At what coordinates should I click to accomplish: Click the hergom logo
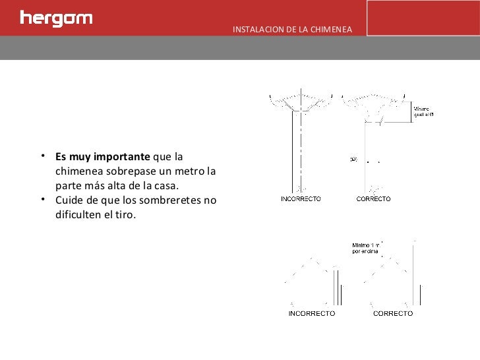click(x=56, y=18)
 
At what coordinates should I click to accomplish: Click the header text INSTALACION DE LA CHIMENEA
click(x=292, y=30)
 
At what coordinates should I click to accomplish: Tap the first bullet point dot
click(x=42, y=157)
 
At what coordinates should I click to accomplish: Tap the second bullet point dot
click(x=42, y=200)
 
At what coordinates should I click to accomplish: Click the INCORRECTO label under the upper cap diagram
click(x=301, y=198)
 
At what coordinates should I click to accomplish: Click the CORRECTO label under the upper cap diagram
click(x=373, y=198)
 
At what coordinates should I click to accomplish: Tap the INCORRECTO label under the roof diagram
click(x=311, y=313)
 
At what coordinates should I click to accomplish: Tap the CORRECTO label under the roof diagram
click(x=393, y=313)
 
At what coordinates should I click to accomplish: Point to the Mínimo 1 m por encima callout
click(x=367, y=248)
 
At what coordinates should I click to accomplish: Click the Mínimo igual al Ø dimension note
click(x=423, y=111)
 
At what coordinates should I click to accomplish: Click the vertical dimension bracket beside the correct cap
click(x=410, y=111)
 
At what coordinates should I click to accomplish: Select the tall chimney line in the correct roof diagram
click(x=413, y=274)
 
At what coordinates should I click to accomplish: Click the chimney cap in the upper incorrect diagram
click(x=300, y=102)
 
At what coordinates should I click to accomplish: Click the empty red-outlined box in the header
click(x=423, y=18)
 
